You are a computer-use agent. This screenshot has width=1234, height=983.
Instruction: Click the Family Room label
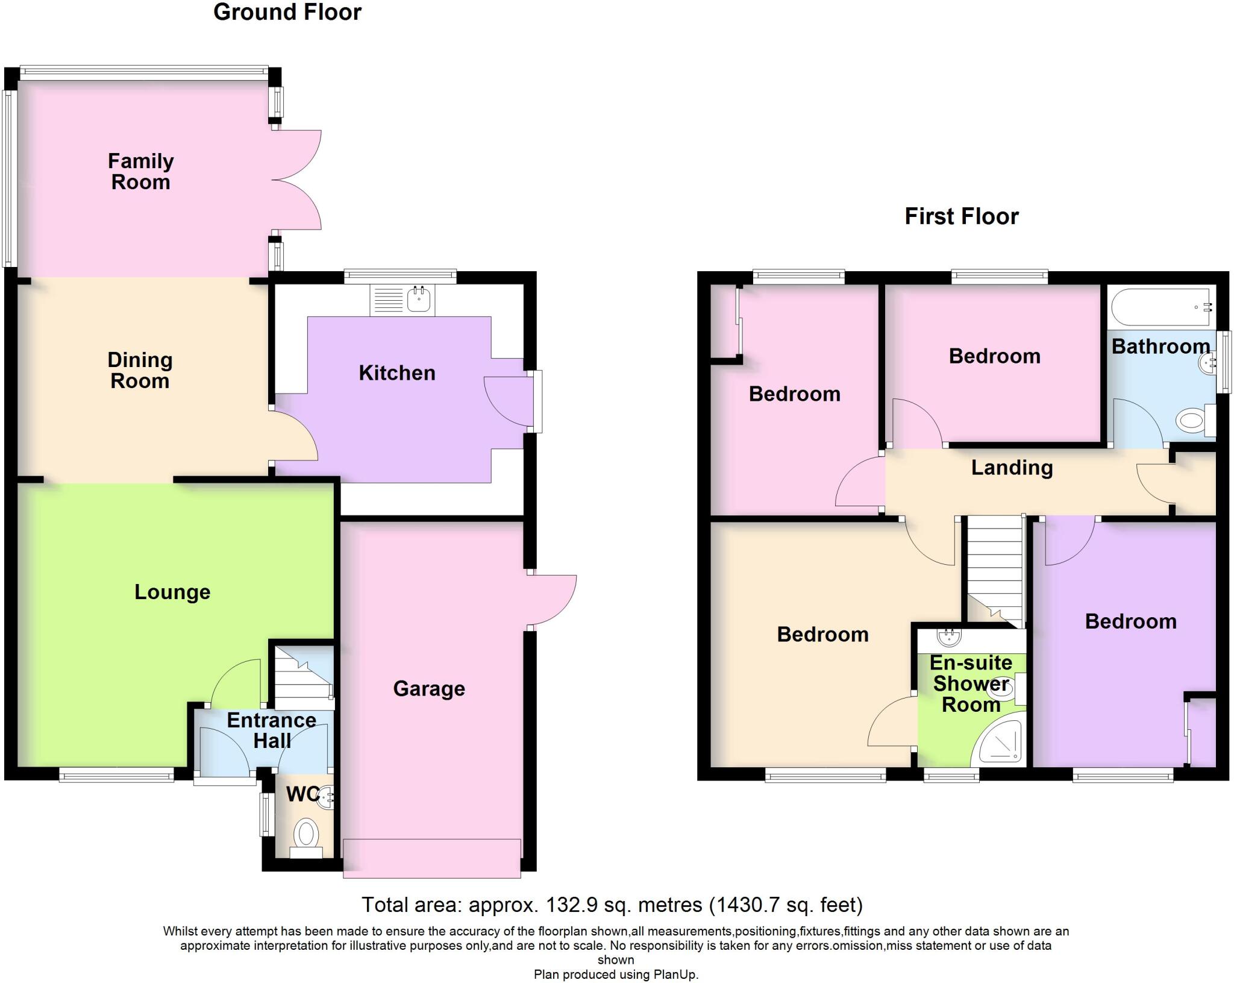pyautogui.click(x=140, y=172)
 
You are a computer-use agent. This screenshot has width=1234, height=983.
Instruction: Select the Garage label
pyautogui.click(x=429, y=688)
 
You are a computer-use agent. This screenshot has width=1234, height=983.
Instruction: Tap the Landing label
pyautogui.click(x=1012, y=468)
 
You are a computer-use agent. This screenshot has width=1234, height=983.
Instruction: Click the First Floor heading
pyautogui.click(x=961, y=216)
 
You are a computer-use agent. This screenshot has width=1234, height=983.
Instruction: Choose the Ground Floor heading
pyautogui.click(x=287, y=12)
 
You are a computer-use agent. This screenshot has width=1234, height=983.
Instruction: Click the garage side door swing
pyautogui.click(x=551, y=600)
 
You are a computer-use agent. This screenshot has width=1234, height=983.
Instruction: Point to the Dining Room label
pyautogui.click(x=140, y=370)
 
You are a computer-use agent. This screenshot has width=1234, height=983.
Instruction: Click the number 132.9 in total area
pyautogui.click(x=568, y=905)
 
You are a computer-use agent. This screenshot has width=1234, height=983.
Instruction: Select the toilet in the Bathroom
pyautogui.click(x=1191, y=420)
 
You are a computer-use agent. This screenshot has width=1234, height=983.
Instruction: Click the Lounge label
pyautogui.click(x=172, y=592)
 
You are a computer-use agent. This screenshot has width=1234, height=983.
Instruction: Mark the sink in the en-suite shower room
pyautogui.click(x=949, y=636)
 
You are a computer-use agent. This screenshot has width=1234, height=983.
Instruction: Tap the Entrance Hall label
pyautogui.click(x=272, y=730)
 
